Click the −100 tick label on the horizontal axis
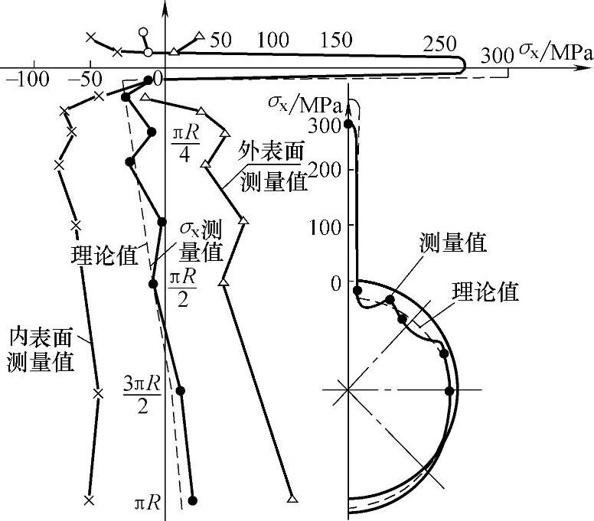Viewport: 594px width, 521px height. tap(29, 79)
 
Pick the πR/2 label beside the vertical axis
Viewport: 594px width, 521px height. tap(182, 282)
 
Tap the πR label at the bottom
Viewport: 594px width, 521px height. tap(147, 503)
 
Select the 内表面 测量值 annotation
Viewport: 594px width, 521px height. tap(41, 348)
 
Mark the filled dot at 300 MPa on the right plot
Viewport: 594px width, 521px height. tap(348, 124)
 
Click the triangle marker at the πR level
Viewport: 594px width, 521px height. tap(292, 500)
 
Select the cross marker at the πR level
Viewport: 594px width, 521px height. tap(89, 500)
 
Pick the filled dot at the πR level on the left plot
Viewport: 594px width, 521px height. tap(192, 500)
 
